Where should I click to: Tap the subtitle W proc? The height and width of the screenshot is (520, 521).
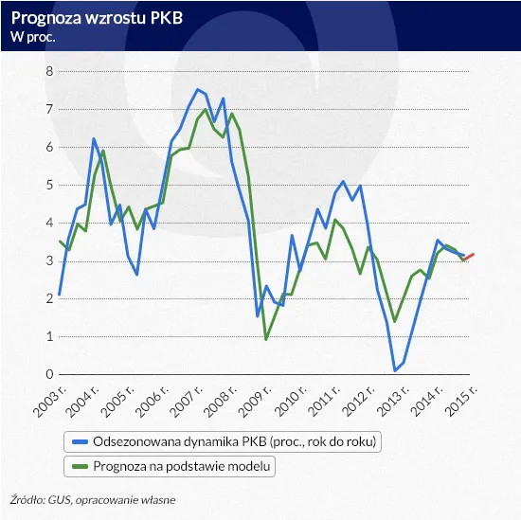click(x=32, y=37)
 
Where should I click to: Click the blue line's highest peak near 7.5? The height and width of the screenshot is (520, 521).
click(x=197, y=90)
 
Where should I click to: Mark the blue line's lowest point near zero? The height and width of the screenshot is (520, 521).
click(x=394, y=370)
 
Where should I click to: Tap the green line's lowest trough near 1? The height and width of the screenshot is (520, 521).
click(x=266, y=339)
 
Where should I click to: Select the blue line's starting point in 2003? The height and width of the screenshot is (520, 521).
click(x=59, y=295)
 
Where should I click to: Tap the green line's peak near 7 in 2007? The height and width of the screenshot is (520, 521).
click(x=206, y=110)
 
